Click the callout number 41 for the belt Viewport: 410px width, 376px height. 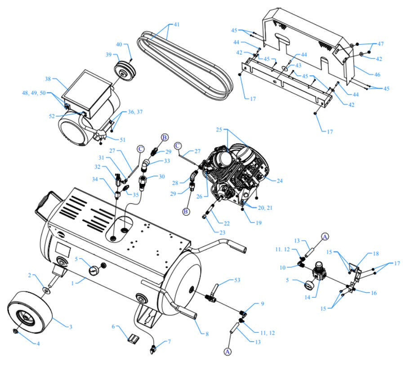click(x=176, y=24)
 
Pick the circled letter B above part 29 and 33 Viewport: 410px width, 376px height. click(x=165, y=137)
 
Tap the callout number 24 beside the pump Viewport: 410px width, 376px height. click(x=280, y=181)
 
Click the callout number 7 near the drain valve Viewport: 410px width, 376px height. click(x=169, y=342)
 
